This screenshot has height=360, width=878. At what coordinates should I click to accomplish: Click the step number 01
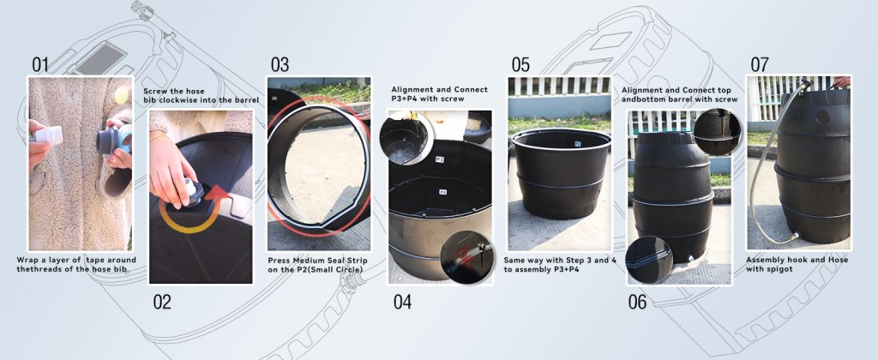[39, 64]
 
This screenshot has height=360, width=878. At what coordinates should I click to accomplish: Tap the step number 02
[162, 303]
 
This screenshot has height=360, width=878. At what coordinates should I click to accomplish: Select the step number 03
[280, 64]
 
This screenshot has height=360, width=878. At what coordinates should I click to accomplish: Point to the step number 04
[402, 303]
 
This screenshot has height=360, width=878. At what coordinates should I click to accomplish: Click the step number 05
[520, 64]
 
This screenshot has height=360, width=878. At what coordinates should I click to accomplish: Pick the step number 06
[637, 303]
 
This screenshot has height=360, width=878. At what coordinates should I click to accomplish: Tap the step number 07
[760, 64]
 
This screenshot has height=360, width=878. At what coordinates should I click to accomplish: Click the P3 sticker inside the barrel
[440, 160]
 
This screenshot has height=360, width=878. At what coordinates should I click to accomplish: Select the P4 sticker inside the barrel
[442, 192]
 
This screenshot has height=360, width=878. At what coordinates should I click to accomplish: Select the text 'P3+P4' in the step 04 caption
[406, 99]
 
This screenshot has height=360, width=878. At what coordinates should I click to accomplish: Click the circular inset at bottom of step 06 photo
[650, 259]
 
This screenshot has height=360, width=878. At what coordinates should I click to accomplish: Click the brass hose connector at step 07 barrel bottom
[795, 237]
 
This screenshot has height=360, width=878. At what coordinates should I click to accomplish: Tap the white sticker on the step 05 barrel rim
[577, 143]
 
